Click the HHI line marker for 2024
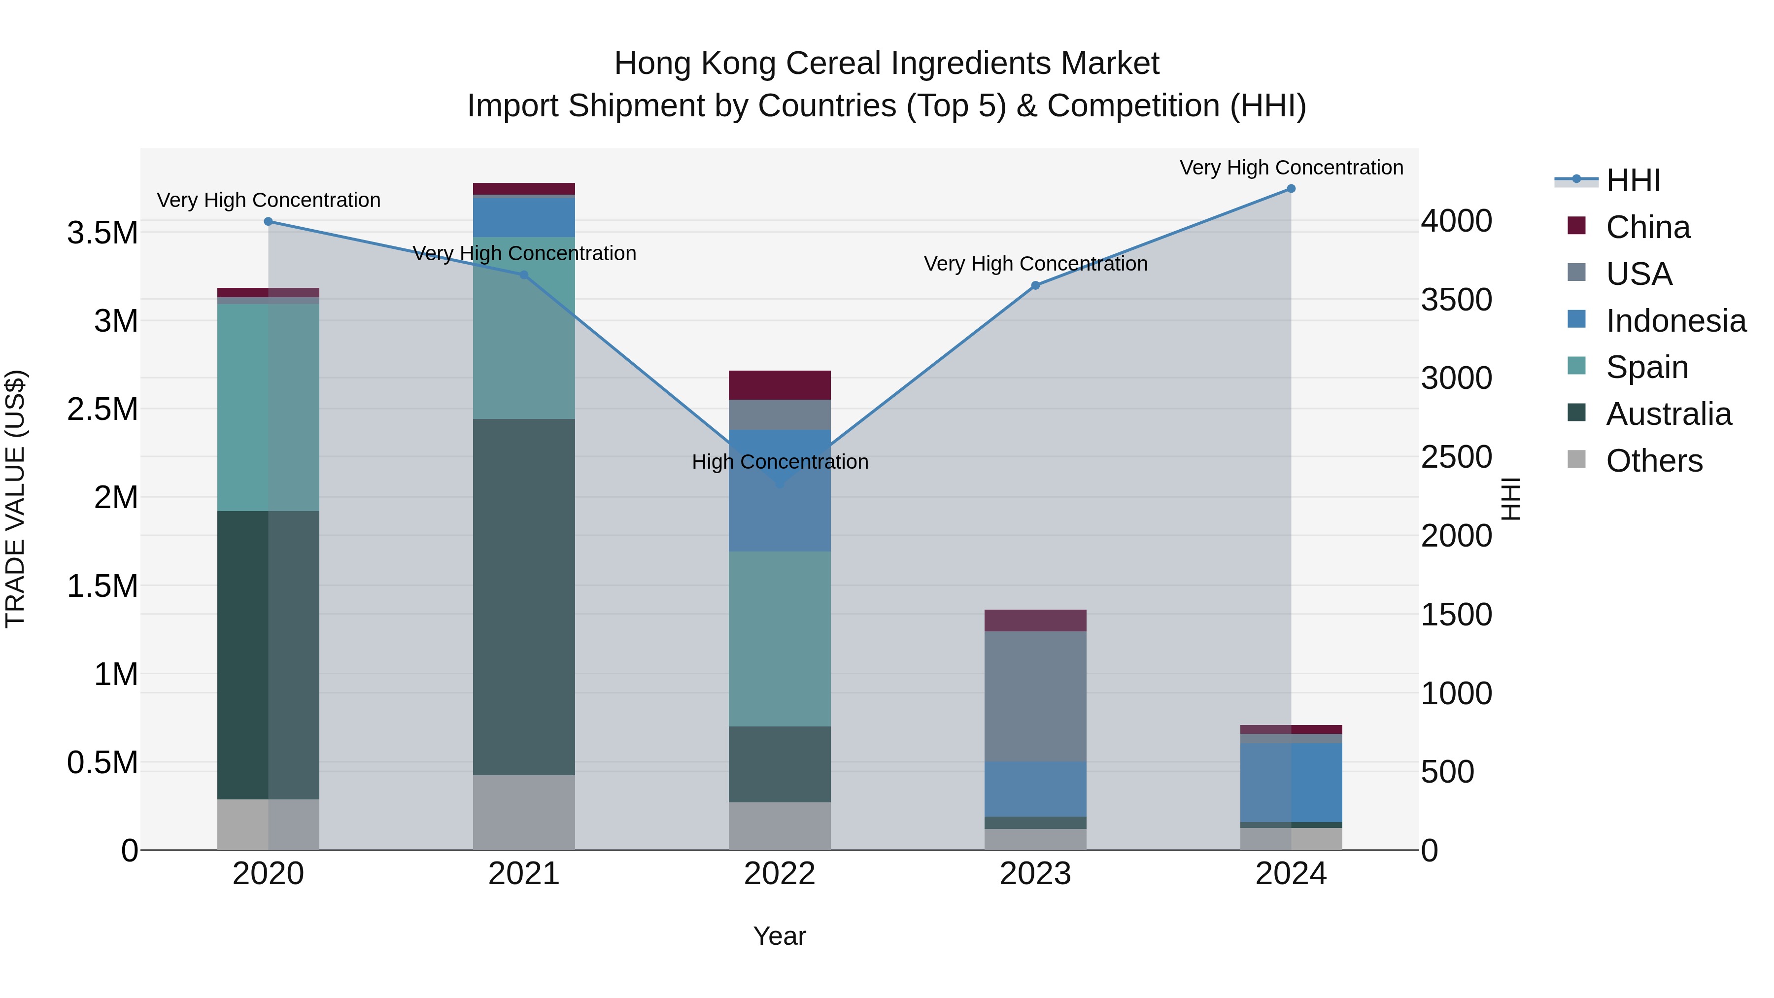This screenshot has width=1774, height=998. point(1291,189)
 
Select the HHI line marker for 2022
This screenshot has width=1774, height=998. point(780,484)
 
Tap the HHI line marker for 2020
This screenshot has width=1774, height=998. point(269,221)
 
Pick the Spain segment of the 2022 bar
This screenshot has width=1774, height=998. point(780,638)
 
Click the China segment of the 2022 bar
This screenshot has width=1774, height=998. point(780,385)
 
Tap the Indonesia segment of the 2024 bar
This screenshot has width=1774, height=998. point(1291,783)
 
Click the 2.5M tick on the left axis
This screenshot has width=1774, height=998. point(102,409)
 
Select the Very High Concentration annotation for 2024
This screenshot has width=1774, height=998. point(1291,168)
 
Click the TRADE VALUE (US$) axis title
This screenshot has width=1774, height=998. point(15,499)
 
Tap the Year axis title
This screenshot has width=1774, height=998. point(780,936)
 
